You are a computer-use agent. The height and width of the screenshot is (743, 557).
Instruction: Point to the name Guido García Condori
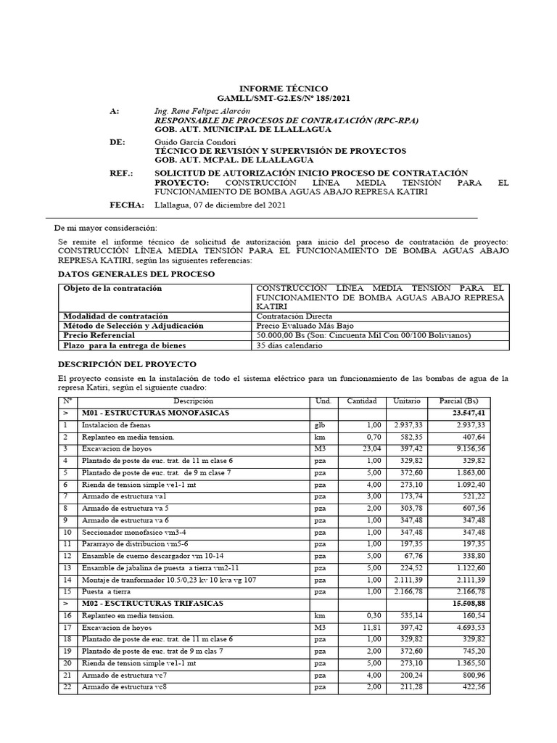tap(194, 141)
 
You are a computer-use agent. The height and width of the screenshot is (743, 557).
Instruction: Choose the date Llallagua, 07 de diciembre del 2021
tap(220, 205)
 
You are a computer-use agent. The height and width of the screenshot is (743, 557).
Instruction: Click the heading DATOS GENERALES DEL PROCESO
tap(136, 274)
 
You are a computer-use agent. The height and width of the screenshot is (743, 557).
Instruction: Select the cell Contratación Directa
tap(294, 316)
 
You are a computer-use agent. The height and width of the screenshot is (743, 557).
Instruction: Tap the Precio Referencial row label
tap(99, 335)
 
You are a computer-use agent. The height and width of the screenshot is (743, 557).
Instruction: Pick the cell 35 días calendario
tap(290, 345)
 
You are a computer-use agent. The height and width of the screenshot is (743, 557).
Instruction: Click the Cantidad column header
tap(362, 401)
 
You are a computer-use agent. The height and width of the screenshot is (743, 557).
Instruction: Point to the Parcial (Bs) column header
tap(459, 401)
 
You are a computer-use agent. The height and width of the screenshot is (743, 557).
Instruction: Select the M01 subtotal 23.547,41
tap(470, 413)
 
